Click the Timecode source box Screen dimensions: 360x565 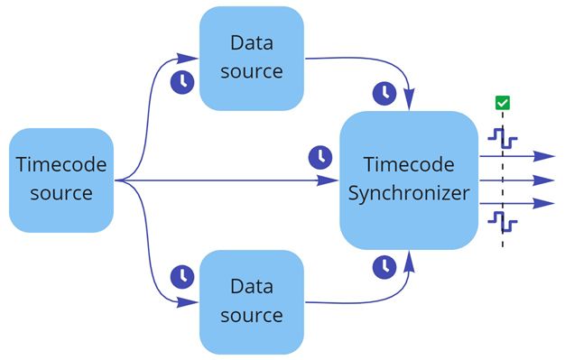pyautogui.click(x=61, y=180)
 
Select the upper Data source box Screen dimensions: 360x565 pyautogui.click(x=251, y=58)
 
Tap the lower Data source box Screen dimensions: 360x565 pyautogui.click(x=251, y=301)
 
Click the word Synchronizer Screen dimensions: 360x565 pyautogui.click(x=409, y=193)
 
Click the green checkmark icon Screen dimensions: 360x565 pyautogui.click(x=503, y=103)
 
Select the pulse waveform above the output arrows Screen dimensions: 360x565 pyautogui.click(x=502, y=138)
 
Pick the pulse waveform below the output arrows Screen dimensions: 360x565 pyautogui.click(x=502, y=220)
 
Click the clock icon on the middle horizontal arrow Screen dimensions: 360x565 pyautogui.click(x=320, y=157)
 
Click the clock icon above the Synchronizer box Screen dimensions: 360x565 pyautogui.click(x=384, y=93)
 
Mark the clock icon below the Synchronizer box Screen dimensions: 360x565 pyautogui.click(x=384, y=267)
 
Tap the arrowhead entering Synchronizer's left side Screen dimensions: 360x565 pyautogui.click(x=332, y=180)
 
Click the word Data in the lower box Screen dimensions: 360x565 pyautogui.click(x=251, y=287)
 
